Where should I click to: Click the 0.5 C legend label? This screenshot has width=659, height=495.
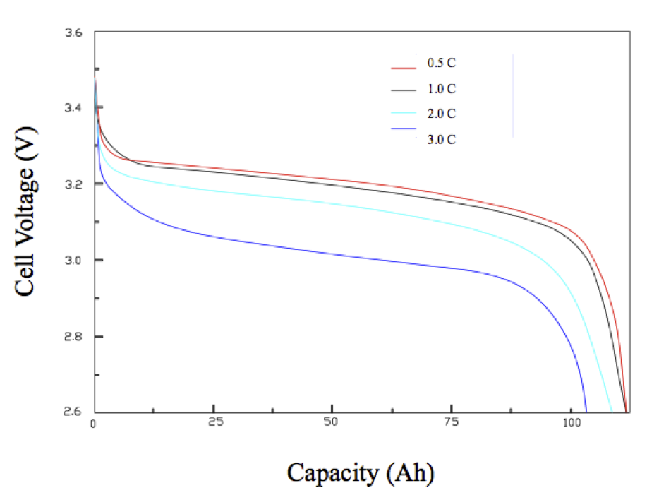pos(441,64)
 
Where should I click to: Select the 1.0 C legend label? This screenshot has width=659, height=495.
pos(441,89)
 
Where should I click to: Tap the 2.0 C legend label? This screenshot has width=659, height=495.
pos(441,114)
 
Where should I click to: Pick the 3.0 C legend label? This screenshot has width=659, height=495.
pos(441,139)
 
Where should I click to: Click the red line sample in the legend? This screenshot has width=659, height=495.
pos(404,68)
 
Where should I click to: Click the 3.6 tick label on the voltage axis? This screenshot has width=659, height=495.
pos(74,32)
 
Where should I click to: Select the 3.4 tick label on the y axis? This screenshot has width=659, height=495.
pos(74,108)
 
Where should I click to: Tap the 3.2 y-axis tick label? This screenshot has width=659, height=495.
pos(74,184)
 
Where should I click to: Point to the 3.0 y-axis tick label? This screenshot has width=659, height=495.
pos(74,261)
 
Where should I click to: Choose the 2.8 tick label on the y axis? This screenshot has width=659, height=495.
pos(74,337)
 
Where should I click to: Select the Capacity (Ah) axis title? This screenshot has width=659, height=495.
pos(360,472)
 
